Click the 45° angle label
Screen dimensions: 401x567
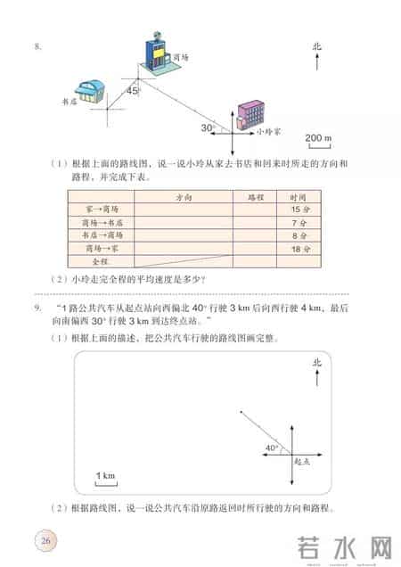(x=134, y=90)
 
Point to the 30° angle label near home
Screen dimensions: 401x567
(x=208, y=127)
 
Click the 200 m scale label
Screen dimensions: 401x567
(x=317, y=138)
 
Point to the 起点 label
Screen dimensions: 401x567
(x=302, y=463)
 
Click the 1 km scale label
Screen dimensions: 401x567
(x=105, y=477)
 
